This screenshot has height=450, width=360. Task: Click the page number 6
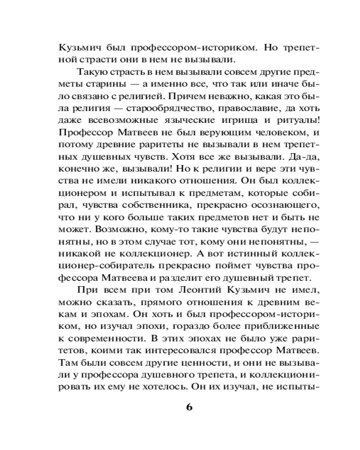click(x=189, y=407)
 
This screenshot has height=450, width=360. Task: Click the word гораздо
click(x=191, y=328)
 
